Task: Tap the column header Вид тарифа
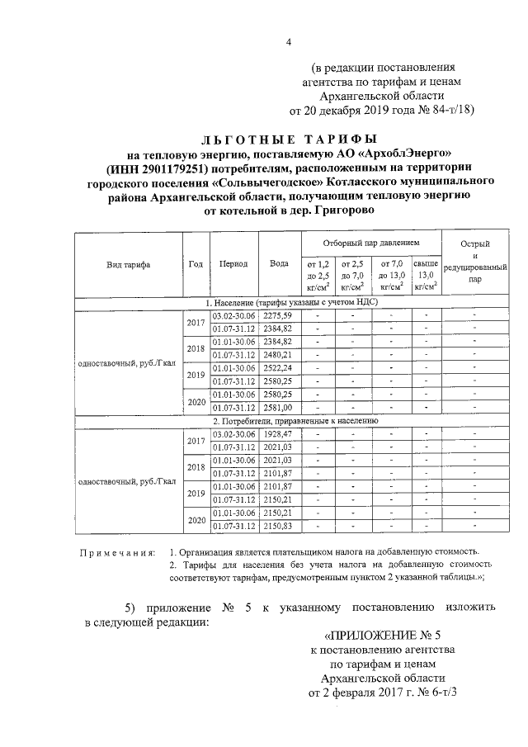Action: coord(128,264)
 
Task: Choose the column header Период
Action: coord(233,264)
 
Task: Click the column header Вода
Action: coord(279,264)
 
